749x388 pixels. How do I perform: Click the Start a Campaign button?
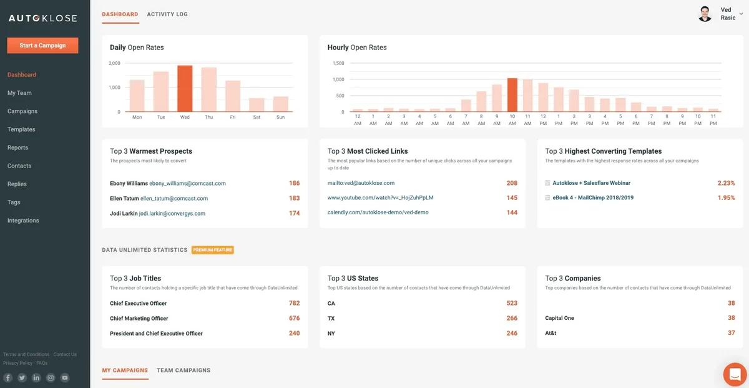click(x=42, y=46)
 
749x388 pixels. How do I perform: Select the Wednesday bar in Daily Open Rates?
click(x=185, y=89)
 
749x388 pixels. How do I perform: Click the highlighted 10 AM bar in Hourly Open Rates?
click(x=512, y=95)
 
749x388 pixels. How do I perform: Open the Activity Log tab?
click(x=167, y=14)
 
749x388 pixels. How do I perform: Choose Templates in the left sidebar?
click(x=21, y=129)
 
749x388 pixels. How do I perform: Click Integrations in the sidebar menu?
click(x=23, y=221)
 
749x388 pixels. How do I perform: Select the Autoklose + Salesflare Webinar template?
click(x=591, y=183)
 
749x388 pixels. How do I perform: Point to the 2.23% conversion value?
click(x=726, y=183)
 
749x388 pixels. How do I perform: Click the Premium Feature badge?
click(x=212, y=250)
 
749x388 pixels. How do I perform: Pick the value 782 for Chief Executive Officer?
click(x=294, y=303)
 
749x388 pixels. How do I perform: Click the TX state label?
click(x=331, y=319)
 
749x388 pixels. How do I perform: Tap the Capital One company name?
click(x=559, y=319)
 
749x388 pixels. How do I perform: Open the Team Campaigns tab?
click(x=184, y=371)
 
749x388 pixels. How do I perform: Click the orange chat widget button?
click(x=735, y=374)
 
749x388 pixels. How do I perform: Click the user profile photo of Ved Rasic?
click(x=705, y=14)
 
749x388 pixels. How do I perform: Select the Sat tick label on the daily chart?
click(x=257, y=117)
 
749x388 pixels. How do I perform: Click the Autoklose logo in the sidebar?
click(x=42, y=18)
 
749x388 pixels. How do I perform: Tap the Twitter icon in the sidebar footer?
click(x=22, y=378)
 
